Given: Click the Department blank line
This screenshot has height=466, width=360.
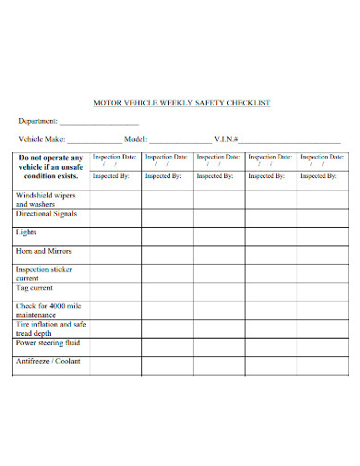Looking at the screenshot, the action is pyautogui.click(x=99, y=123).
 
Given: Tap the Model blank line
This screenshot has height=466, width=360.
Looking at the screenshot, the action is pyautogui.click(x=178, y=140).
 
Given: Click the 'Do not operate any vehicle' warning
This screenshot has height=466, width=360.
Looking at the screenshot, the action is pyautogui.click(x=51, y=165).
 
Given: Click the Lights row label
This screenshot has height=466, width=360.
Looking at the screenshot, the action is pyautogui.click(x=27, y=233).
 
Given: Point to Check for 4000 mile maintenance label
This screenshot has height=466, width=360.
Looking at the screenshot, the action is pyautogui.click(x=48, y=309).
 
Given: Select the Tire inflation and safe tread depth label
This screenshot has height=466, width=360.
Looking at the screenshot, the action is pyautogui.click(x=51, y=328).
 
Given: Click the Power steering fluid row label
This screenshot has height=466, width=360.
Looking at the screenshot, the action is pyautogui.click(x=48, y=342).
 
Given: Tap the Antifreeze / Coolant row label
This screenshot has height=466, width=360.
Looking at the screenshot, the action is pyautogui.click(x=49, y=361).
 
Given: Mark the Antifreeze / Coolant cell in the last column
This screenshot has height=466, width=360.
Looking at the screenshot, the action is pyautogui.click(x=321, y=364).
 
